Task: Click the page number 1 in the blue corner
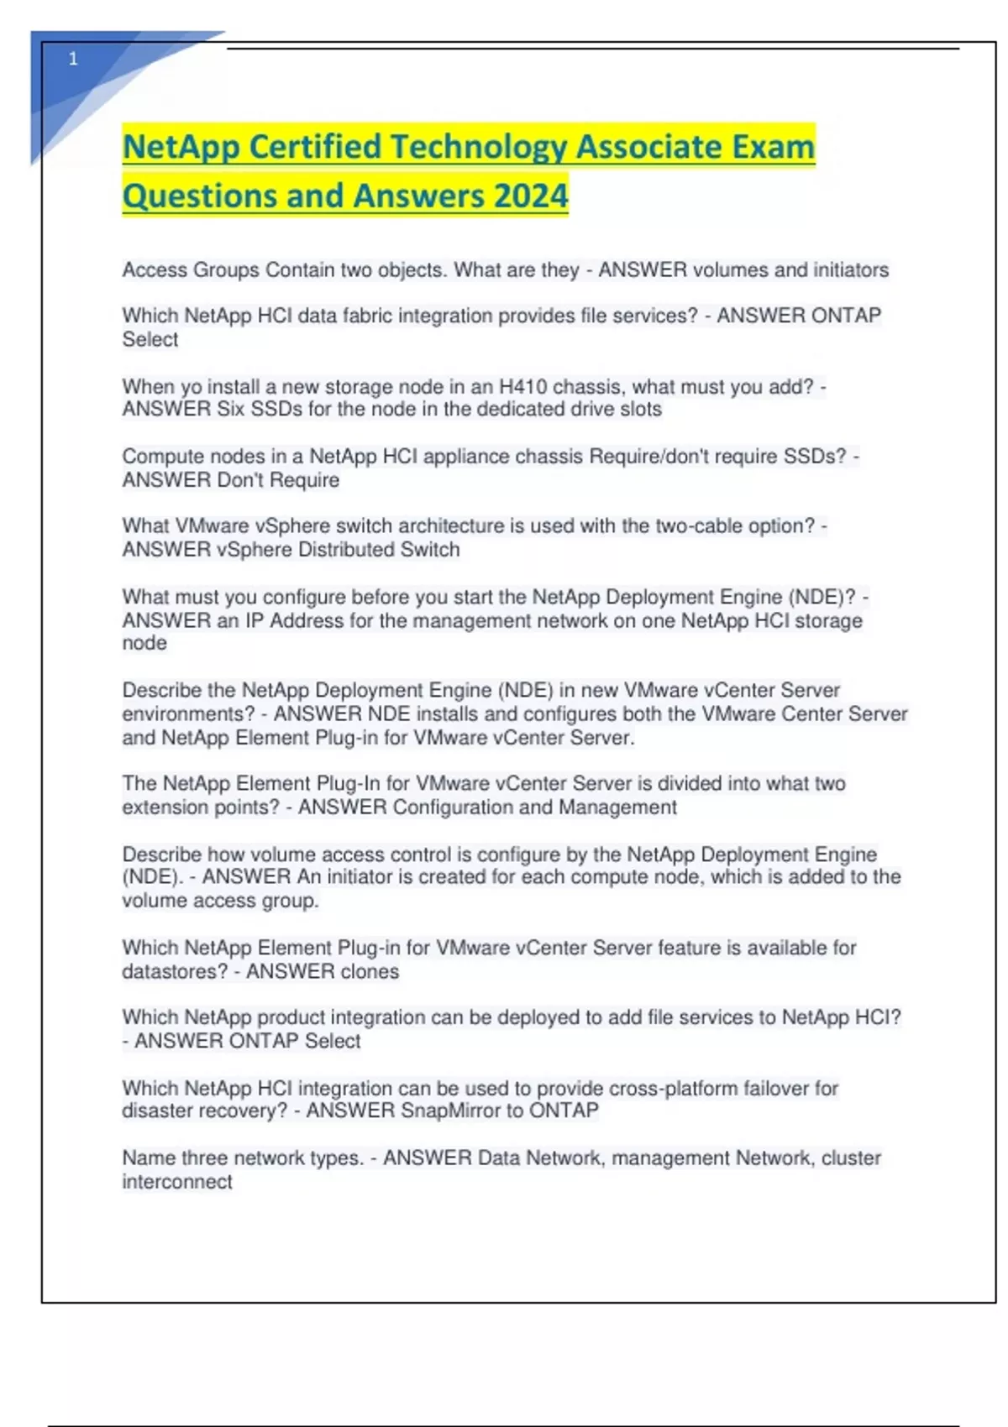point(73,59)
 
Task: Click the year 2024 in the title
point(531,196)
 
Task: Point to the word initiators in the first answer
point(850,269)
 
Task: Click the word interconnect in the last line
point(177,1182)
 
